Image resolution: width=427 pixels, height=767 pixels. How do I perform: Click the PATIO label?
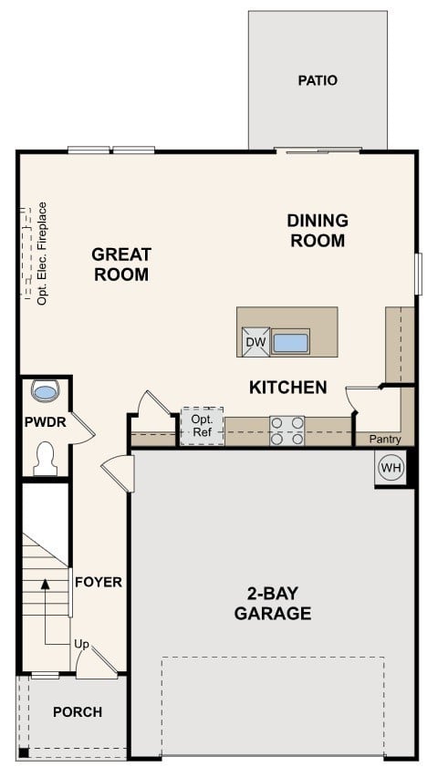pyautogui.click(x=317, y=80)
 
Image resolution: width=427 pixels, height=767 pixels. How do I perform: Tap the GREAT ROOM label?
pyautogui.click(x=120, y=264)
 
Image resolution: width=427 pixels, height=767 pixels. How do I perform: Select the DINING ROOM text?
pyautogui.click(x=317, y=231)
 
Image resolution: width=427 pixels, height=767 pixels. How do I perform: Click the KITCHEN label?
pyautogui.click(x=287, y=388)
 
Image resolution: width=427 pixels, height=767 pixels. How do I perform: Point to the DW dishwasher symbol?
pyautogui.click(x=255, y=342)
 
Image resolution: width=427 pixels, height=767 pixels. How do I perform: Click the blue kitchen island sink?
pyautogui.click(x=291, y=343)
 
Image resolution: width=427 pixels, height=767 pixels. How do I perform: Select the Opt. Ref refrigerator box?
pyautogui.click(x=202, y=426)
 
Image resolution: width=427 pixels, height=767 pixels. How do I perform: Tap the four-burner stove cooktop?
pyautogui.click(x=286, y=430)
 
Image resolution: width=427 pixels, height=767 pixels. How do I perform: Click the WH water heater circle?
pyautogui.click(x=391, y=469)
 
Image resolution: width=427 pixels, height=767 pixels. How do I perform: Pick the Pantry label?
pyautogui.click(x=384, y=440)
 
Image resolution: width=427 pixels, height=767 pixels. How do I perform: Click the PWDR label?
pyautogui.click(x=42, y=422)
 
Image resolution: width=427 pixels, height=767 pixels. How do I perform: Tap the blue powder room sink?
pyautogui.click(x=45, y=391)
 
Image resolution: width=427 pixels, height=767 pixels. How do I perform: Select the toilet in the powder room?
pyautogui.click(x=45, y=459)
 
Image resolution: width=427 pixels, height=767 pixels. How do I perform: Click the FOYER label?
pyautogui.click(x=98, y=582)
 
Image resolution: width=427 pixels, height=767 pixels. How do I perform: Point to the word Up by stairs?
pyautogui.click(x=81, y=645)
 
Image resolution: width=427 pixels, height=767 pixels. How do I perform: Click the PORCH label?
pyautogui.click(x=77, y=712)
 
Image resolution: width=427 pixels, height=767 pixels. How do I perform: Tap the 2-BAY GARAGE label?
pyautogui.click(x=272, y=602)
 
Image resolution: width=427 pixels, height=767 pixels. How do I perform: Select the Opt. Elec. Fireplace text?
pyautogui.click(x=42, y=253)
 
